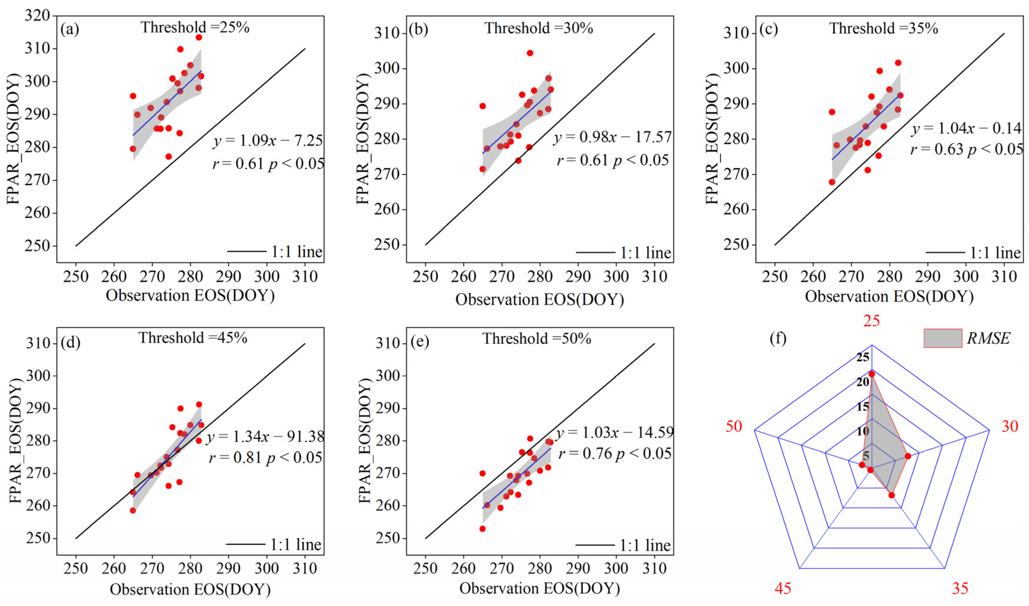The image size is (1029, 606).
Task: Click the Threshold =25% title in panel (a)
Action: click(195, 27)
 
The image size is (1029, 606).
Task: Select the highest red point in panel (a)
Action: click(198, 37)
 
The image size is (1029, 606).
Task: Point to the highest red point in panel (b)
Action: click(530, 53)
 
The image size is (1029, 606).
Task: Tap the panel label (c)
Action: click(768, 29)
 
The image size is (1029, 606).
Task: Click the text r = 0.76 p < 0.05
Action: click(615, 454)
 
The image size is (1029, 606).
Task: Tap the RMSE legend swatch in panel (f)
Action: click(942, 338)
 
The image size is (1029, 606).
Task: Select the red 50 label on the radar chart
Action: click(734, 426)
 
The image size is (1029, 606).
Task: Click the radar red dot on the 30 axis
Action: click(908, 456)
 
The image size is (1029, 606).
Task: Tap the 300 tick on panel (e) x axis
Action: click(616, 568)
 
